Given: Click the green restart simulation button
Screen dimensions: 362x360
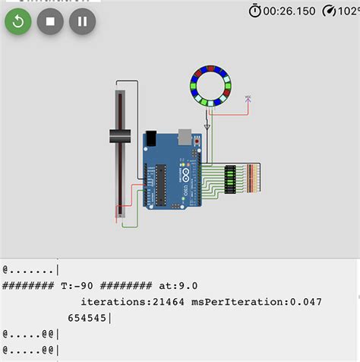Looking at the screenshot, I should click(18, 21).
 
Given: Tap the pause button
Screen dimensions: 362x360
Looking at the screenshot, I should click(82, 21).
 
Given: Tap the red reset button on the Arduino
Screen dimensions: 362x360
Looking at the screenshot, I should click(197, 141).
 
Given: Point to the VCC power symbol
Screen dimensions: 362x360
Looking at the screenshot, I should click(248, 99).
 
